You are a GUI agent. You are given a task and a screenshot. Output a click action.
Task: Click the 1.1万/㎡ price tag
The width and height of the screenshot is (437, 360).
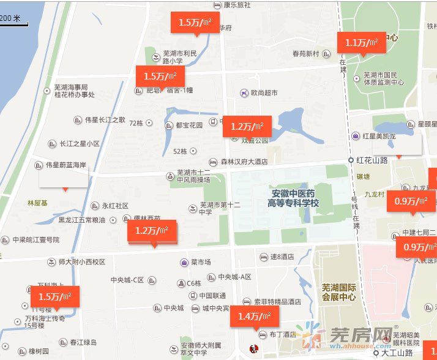coord(361,43)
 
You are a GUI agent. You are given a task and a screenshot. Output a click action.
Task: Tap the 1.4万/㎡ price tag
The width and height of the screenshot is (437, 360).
coord(254,317)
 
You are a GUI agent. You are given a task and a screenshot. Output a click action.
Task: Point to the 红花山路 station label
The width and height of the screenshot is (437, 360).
coord(372,160)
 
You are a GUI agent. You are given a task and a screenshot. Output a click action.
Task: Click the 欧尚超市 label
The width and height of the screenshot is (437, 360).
coord(264,93)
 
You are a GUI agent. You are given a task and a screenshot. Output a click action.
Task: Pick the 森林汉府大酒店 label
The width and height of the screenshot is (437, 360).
coord(244,162)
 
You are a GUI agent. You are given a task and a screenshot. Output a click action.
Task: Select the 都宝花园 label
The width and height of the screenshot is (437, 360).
coord(188,126)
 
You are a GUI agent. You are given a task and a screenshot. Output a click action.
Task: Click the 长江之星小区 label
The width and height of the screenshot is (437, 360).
coord(79,144)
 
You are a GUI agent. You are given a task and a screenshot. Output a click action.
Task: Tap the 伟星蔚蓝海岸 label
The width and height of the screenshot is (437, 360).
coord(65,165)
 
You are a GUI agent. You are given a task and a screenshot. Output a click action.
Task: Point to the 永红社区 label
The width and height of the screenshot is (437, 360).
coord(114,206)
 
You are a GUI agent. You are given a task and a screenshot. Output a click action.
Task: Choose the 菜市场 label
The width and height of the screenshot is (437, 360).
coord(200,262)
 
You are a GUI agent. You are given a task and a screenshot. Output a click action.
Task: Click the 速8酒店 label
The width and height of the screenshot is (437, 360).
coord(282,257)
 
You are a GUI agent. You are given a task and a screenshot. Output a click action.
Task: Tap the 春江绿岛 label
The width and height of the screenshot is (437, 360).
coord(83,342)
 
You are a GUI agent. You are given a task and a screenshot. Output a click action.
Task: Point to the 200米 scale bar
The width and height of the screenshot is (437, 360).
coord(12,19)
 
